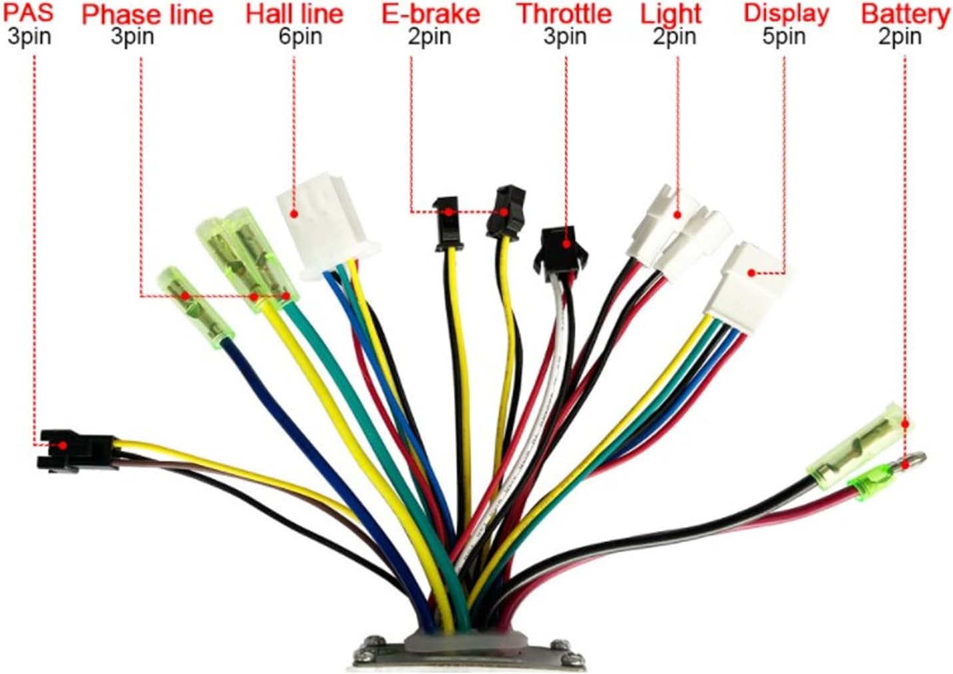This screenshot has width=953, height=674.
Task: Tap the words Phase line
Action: [147, 14]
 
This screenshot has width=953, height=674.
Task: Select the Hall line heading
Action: [294, 13]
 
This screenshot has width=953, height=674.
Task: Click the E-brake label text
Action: [431, 14]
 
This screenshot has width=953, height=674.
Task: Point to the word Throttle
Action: [564, 14]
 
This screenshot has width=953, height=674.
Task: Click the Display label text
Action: [786, 13]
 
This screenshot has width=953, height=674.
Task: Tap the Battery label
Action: [904, 14]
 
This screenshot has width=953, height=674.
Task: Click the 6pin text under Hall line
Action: [300, 37]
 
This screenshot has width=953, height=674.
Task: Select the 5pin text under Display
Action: [784, 37]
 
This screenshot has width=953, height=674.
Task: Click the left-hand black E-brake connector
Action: [447, 223]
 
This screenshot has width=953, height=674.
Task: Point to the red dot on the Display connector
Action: [751, 273]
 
